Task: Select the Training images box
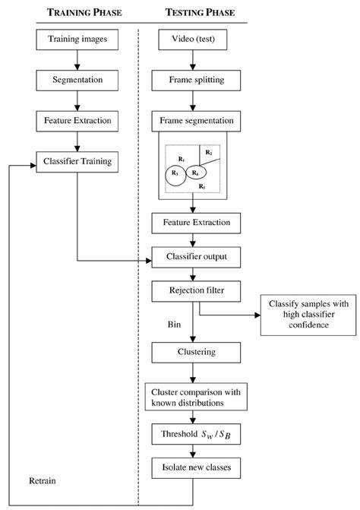pos(79,38)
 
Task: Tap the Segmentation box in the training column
pos(79,79)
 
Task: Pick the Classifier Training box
pos(79,161)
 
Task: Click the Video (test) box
pos(197,38)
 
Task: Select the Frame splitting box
pos(197,79)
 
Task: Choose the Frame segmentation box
pos(197,120)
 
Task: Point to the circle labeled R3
pos(176,175)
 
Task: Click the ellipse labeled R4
pos(196,173)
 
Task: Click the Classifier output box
pos(197,258)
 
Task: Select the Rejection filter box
pos(197,290)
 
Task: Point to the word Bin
pos(174,324)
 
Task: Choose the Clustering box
pos(197,352)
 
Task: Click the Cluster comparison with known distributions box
pos(197,395)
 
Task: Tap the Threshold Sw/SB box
pos(197,436)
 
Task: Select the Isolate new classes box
pos(197,466)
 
